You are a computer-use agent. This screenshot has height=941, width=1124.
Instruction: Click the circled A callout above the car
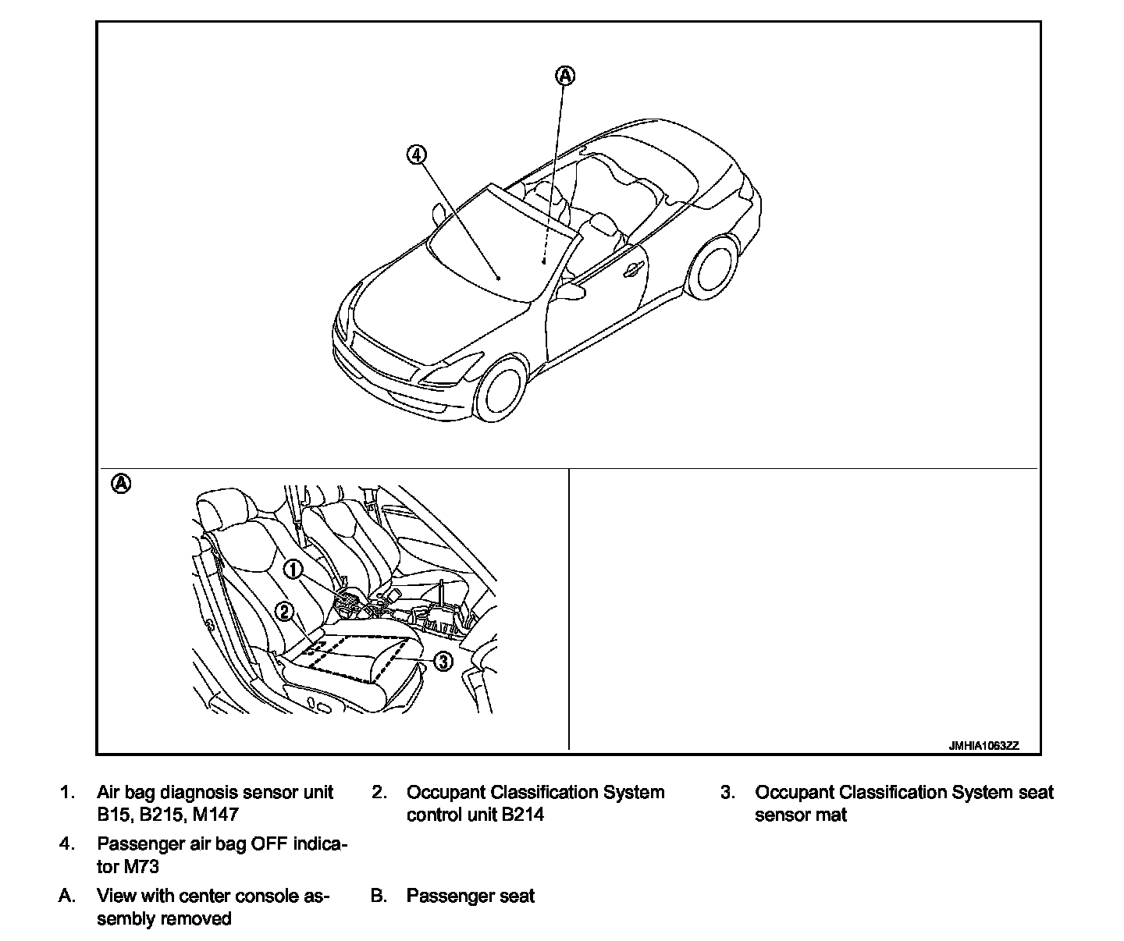point(564,76)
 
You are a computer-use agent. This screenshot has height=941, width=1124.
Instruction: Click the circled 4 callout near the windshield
point(417,154)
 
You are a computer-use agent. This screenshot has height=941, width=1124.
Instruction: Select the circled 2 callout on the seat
point(285,612)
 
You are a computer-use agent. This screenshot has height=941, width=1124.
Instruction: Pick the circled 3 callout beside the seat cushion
point(442,662)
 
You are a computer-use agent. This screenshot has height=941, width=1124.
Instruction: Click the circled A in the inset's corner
point(121,484)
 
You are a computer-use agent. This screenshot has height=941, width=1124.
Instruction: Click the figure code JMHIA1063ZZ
point(983,746)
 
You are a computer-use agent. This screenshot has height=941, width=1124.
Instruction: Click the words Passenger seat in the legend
point(470,896)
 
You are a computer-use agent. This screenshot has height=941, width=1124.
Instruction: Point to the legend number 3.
point(727,793)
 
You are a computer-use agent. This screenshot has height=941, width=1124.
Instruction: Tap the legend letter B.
point(379,896)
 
